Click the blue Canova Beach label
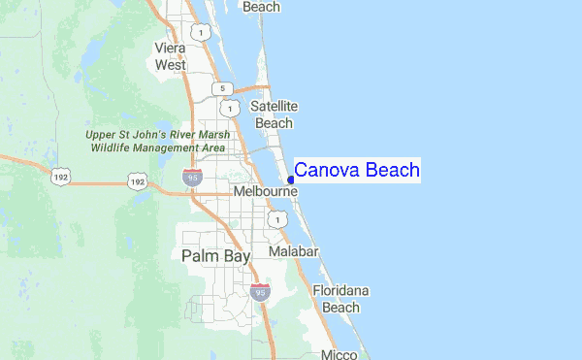[357, 171]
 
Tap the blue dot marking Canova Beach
[291, 180]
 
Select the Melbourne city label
[265, 193]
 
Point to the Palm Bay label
[215, 255]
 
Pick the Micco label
[340, 354]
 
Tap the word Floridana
[340, 290]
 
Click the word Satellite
[274, 106]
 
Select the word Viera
[170, 47]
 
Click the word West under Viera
[170, 64]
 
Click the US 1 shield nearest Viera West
[201, 33]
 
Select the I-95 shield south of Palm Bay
[259, 291]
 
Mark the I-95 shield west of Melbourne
[192, 177]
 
